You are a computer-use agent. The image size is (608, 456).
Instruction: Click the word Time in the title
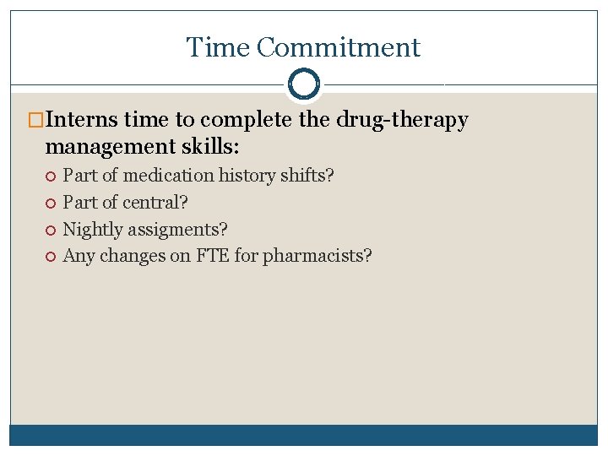[x=218, y=48]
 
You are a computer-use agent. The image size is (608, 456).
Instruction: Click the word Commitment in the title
[x=338, y=48]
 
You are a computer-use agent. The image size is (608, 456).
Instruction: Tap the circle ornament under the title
[x=304, y=84]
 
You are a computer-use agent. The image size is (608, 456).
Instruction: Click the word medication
[x=169, y=176]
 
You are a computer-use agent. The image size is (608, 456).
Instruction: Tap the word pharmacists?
[x=317, y=256]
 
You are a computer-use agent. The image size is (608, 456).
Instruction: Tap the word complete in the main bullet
[x=252, y=121]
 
